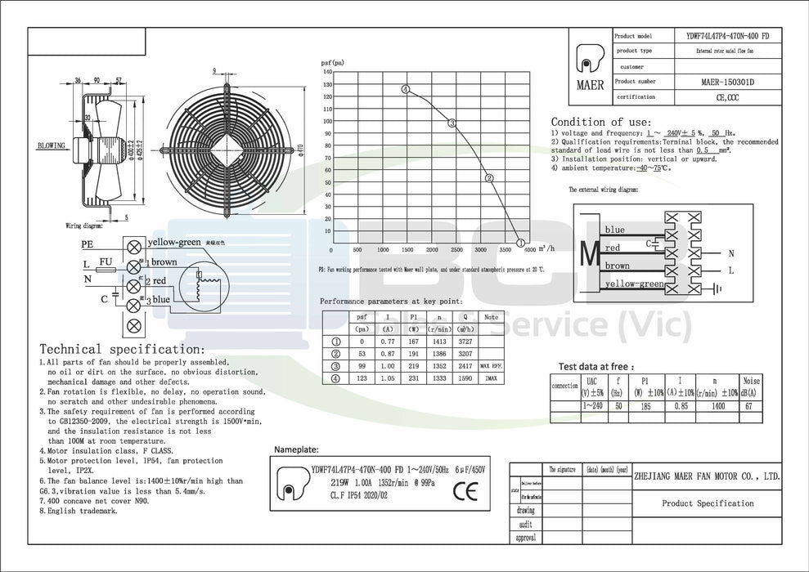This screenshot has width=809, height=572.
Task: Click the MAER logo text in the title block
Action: [590, 85]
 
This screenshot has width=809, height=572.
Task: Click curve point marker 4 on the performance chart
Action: [406, 89]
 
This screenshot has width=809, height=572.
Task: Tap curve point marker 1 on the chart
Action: [521, 243]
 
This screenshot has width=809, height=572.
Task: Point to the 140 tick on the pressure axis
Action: [327, 71]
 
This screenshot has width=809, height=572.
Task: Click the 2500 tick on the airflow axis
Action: [457, 250]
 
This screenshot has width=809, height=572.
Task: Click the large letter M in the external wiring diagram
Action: [590, 253]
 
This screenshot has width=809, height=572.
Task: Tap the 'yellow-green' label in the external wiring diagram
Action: [635, 284]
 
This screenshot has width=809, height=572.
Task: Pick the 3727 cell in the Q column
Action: [465, 341]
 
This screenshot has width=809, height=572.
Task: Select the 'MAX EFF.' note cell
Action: [491, 365]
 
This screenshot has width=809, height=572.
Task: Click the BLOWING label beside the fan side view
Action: [51, 145]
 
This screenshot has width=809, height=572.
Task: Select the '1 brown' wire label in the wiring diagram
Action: [162, 262]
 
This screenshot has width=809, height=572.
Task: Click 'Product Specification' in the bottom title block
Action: [708, 503]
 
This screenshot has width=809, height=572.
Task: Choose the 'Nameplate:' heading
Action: [296, 449]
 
